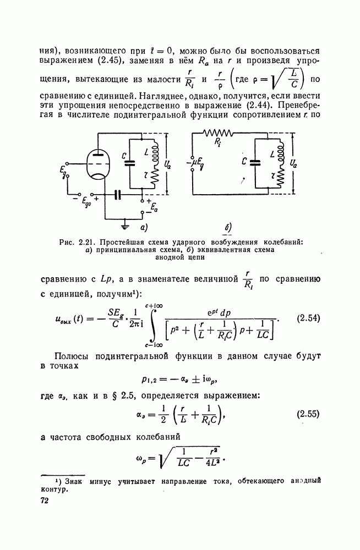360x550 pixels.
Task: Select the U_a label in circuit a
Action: pos(168,163)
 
